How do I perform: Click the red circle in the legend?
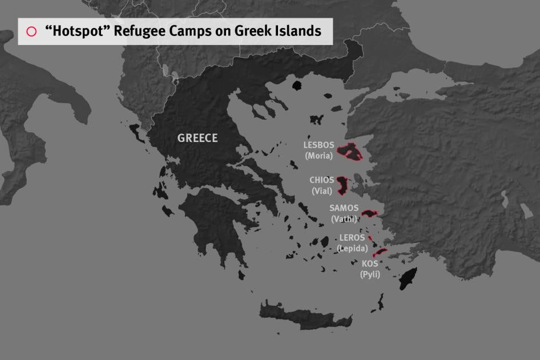31,31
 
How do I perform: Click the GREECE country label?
198,138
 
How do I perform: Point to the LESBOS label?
319,145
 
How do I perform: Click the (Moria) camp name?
319,155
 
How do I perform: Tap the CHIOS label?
322,180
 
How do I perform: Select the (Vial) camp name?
322,191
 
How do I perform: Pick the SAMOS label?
344,208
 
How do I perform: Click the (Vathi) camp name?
344,219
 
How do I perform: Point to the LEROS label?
352,238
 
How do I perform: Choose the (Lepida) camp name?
352,248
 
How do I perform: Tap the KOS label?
370,264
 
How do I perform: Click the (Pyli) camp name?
370,274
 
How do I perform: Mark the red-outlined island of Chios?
342,185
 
